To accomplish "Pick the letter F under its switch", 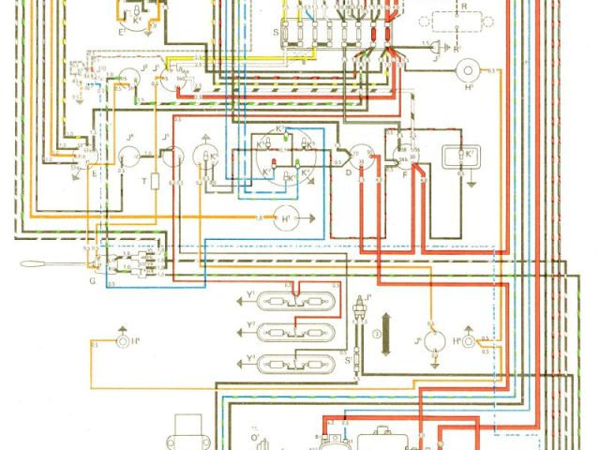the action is [x=404, y=175].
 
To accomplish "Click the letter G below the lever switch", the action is [x=91, y=280].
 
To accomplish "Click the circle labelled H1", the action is [x=284, y=218].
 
